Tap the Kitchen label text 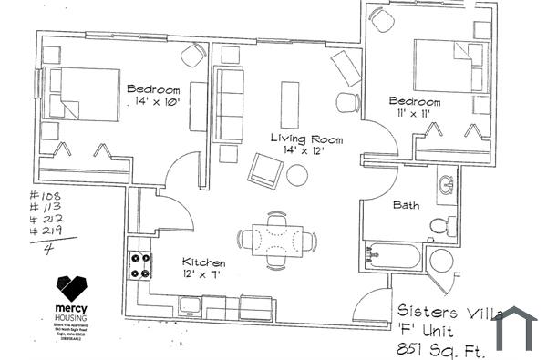click(203, 262)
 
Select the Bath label click(407, 205)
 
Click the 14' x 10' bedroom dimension click(153, 103)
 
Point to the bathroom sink click(447, 185)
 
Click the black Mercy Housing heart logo click(71, 291)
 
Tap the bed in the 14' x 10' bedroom click(82, 93)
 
